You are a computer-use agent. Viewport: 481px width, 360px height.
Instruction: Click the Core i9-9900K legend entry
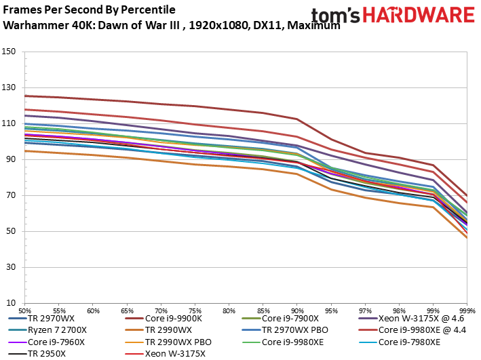tap(174, 317)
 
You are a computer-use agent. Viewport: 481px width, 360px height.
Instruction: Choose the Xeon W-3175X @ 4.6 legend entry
tap(412, 317)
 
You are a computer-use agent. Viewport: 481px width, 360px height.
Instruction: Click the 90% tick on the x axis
tap(297, 308)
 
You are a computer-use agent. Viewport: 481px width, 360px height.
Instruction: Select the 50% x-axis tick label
tap(25, 308)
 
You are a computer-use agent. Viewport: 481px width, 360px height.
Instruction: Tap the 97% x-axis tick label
tap(365, 308)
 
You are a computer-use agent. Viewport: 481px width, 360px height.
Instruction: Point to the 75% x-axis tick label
tap(195, 308)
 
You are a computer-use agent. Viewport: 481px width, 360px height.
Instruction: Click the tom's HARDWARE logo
tap(393, 16)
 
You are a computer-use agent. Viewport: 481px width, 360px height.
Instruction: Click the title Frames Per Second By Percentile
tap(89, 10)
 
